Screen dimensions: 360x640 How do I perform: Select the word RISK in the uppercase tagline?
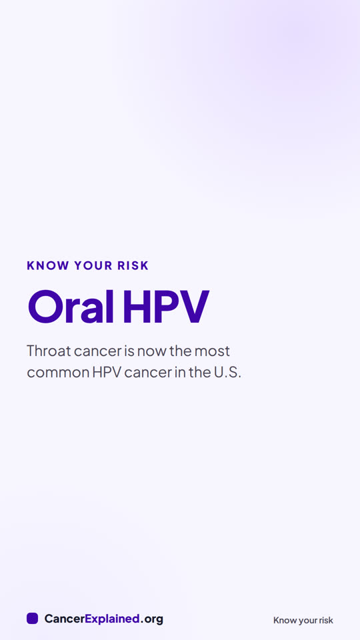133,266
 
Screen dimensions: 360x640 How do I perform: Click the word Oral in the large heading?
70,307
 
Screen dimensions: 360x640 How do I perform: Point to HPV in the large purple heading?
166,307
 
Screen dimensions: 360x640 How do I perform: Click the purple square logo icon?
32,619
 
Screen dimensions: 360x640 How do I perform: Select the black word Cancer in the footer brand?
65,619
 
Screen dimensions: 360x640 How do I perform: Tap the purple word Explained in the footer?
113,619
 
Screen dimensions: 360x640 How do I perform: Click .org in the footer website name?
151,619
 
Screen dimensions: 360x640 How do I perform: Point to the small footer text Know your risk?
303,621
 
